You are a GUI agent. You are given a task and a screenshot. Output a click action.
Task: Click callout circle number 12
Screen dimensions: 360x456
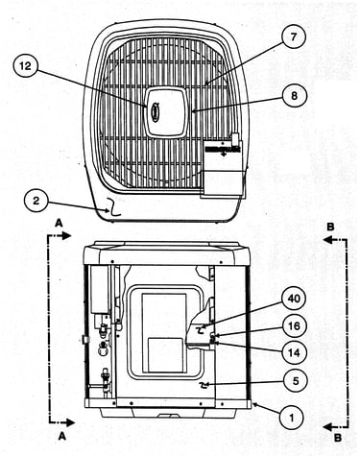[x=26, y=66]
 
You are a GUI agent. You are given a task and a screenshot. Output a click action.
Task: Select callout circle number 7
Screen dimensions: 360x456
[x=294, y=36]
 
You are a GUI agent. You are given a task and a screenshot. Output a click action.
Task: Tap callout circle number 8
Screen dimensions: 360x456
[x=294, y=96]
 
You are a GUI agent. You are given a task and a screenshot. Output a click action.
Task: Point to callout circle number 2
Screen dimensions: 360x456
[x=36, y=201]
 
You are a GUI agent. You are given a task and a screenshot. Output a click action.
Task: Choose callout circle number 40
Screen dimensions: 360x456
[x=294, y=299]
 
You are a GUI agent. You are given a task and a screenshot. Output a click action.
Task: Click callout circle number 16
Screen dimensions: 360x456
[x=294, y=325]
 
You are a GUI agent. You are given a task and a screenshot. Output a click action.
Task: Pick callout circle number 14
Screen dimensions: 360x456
[x=294, y=353]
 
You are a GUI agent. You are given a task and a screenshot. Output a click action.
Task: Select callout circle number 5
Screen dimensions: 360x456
[x=295, y=381]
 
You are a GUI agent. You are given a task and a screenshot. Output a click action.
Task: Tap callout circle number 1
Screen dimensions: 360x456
[x=292, y=418]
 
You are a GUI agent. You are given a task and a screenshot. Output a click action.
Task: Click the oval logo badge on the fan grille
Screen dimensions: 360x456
[x=155, y=109]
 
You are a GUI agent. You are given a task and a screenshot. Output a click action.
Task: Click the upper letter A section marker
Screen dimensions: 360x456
[x=59, y=223]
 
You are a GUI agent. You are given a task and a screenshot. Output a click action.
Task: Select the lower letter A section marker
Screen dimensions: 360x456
[x=61, y=436]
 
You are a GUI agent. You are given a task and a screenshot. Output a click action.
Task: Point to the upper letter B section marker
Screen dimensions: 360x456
[x=330, y=227]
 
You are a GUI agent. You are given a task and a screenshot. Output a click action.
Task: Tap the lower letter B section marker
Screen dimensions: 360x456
[x=338, y=438]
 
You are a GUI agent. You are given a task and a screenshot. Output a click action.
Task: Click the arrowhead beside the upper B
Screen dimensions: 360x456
[x=328, y=240]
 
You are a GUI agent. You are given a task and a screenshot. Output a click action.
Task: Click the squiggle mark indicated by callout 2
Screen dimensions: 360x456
[x=113, y=207]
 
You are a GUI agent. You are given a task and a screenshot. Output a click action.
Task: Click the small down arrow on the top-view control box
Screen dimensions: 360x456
[x=223, y=155]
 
